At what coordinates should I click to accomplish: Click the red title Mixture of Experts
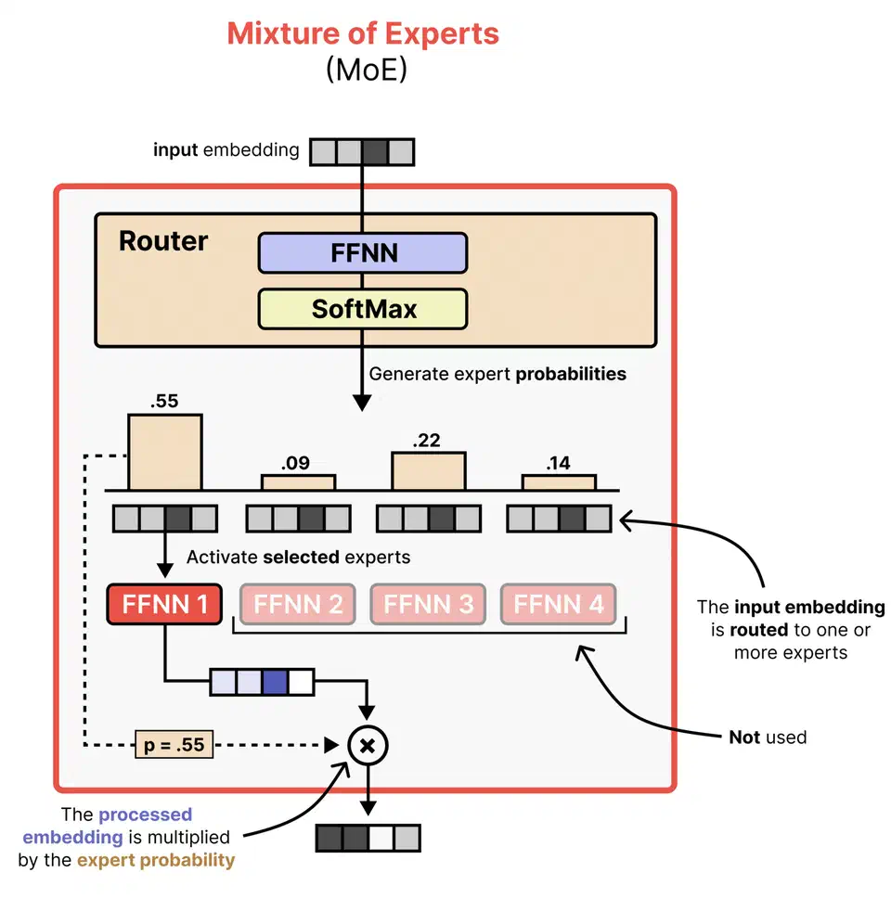click(363, 34)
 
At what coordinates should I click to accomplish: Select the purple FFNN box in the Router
click(362, 252)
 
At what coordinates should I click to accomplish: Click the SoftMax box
click(362, 309)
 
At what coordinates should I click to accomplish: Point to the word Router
click(163, 241)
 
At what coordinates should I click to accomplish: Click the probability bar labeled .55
click(164, 452)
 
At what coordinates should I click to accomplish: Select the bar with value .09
click(297, 481)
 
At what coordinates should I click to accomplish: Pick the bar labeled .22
click(428, 470)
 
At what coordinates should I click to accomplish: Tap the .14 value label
click(559, 463)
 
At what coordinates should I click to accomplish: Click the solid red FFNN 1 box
click(164, 605)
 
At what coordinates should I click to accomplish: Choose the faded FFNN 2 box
click(298, 605)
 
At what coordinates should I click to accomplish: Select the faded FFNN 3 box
click(428, 605)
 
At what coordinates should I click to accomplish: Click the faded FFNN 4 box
click(559, 605)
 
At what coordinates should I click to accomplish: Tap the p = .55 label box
click(173, 744)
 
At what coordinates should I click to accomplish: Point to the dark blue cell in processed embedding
click(275, 683)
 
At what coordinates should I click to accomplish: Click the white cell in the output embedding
click(381, 839)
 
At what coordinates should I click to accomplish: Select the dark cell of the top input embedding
click(375, 151)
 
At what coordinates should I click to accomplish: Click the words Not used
click(767, 738)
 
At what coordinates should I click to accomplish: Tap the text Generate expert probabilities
click(497, 374)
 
